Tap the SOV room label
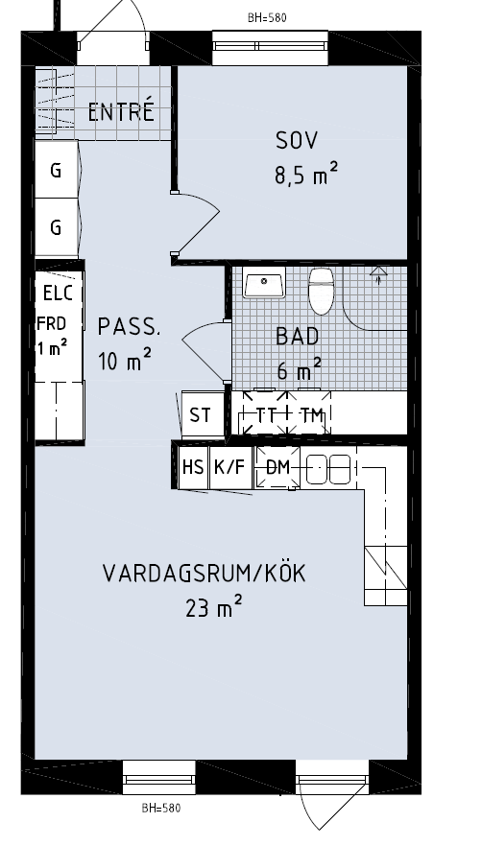click(297, 140)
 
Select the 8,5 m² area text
click(306, 175)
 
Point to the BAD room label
click(298, 336)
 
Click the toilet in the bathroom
click(321, 292)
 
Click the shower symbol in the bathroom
click(379, 274)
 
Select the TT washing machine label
click(266, 415)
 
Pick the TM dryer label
click(312, 415)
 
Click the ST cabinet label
click(200, 415)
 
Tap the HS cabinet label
click(193, 467)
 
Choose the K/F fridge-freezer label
click(230, 467)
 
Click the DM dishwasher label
click(278, 467)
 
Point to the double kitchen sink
click(328, 469)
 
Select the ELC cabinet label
click(58, 294)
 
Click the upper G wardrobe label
click(56, 171)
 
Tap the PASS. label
click(129, 327)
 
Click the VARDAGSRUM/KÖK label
click(205, 573)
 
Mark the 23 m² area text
click(213, 608)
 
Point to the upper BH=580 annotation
click(267, 17)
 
